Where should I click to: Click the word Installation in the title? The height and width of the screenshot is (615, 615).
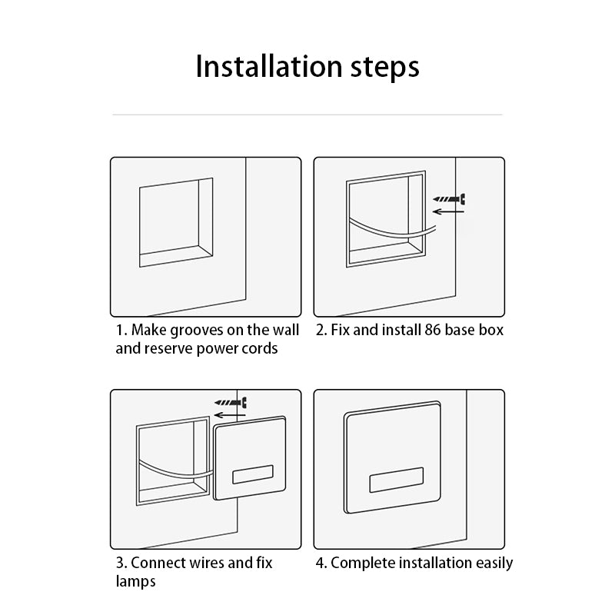[x=269, y=66]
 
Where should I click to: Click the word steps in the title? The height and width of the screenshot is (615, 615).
[x=385, y=68]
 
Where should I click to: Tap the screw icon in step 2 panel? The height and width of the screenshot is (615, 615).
[x=449, y=199]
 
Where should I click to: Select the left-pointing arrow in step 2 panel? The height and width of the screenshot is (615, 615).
[x=448, y=212]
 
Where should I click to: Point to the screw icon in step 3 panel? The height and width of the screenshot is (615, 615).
[x=231, y=402]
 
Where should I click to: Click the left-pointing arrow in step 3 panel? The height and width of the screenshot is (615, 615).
[x=230, y=415]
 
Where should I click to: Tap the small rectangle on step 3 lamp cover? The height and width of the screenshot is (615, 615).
[x=253, y=474]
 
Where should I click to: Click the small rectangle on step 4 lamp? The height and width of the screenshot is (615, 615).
[x=397, y=480]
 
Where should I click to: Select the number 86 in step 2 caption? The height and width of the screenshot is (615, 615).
[x=433, y=330]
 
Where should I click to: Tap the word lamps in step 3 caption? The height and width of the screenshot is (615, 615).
[x=136, y=581]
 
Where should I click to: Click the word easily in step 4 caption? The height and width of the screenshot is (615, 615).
[x=494, y=563]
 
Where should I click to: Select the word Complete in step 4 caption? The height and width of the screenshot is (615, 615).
[x=363, y=563]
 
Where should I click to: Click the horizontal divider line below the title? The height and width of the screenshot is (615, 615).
[x=307, y=115]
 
